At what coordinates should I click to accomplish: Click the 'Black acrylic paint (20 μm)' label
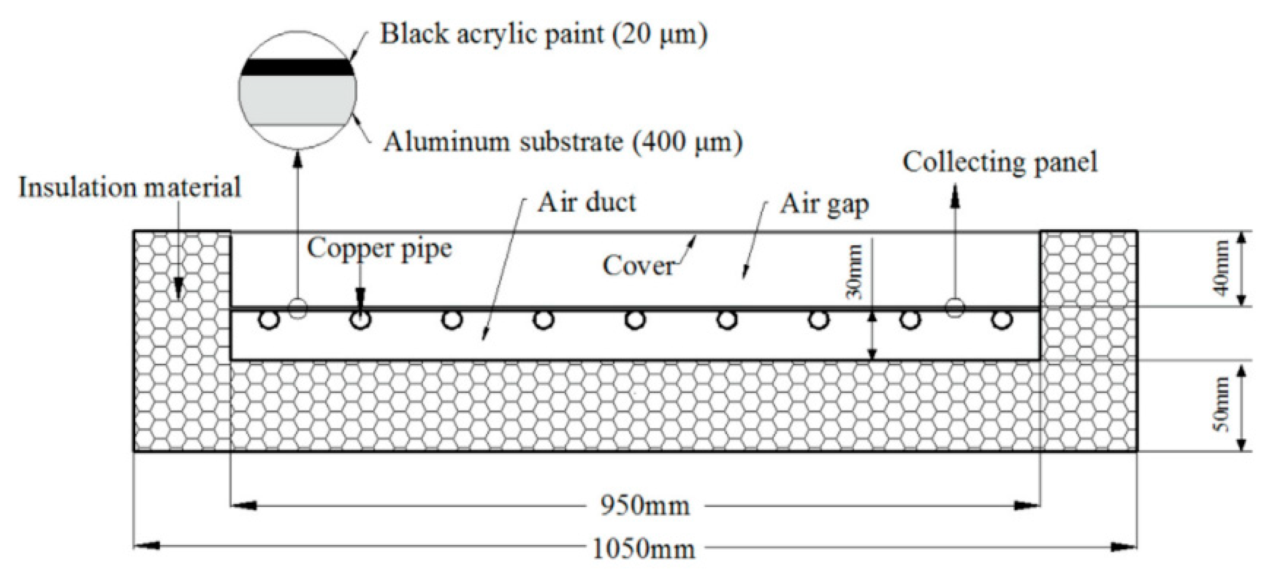coord(543,35)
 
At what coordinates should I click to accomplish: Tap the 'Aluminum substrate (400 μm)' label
coord(563,142)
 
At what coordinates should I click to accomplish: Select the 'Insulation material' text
coord(129,188)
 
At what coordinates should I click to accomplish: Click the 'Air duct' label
coord(587,203)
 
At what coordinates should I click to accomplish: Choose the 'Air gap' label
coord(824,204)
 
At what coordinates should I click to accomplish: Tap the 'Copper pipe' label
coord(379,248)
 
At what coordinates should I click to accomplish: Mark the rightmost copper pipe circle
coord(1001,320)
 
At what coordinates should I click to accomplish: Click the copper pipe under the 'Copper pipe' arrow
coord(360,321)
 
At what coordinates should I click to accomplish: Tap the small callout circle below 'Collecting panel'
coord(955,308)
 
